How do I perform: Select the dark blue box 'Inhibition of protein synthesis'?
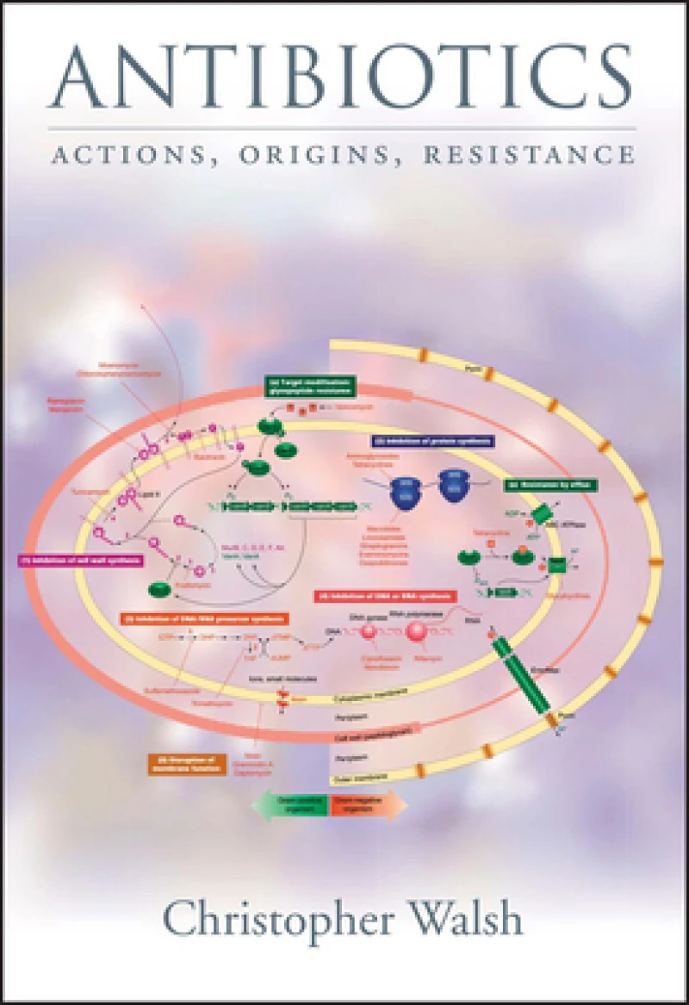pos(417,440)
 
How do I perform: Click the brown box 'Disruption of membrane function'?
pos(184,763)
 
